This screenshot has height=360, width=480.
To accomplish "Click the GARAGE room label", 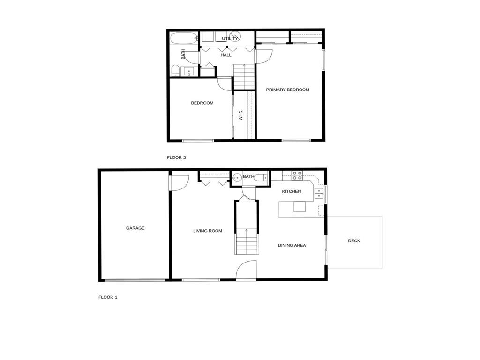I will (x=135, y=228).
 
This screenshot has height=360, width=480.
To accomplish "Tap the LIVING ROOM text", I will (x=208, y=231).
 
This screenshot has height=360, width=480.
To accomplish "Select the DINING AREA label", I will (x=292, y=245).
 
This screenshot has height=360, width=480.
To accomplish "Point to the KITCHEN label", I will (x=291, y=191).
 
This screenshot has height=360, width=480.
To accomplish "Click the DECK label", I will (x=354, y=241).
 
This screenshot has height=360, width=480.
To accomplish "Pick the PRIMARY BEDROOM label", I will (x=287, y=90).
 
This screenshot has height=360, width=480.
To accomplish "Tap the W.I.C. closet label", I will (x=240, y=115).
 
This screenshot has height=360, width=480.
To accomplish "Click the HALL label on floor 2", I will (x=226, y=55).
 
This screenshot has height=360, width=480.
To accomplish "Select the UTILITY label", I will (x=230, y=38).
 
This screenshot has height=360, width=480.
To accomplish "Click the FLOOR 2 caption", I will (x=176, y=157).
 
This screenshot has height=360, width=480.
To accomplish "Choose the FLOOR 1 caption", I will (x=108, y=297).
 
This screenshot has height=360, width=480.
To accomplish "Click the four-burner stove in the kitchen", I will (x=297, y=176).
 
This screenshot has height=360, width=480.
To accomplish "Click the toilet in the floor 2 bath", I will (x=175, y=71).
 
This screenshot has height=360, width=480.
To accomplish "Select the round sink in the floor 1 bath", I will (x=238, y=177).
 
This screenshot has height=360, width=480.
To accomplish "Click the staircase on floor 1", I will (x=246, y=241).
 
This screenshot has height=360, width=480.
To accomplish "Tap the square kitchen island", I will (x=300, y=207).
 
